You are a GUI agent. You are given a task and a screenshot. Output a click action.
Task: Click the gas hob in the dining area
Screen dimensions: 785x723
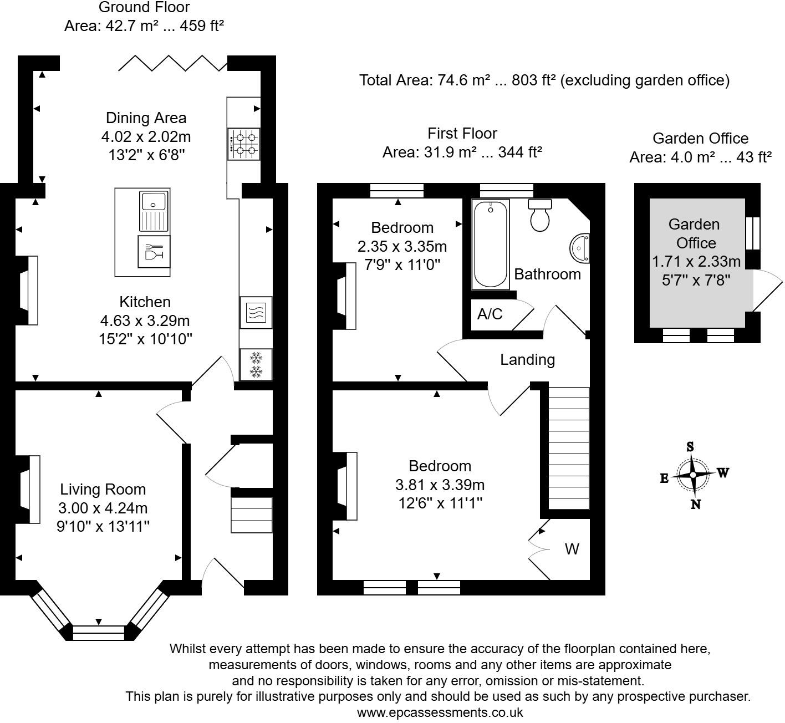[x=244, y=143]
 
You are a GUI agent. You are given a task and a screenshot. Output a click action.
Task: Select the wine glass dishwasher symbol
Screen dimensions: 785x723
[x=154, y=252]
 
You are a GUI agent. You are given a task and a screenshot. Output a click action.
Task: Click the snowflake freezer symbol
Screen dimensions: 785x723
[x=256, y=364]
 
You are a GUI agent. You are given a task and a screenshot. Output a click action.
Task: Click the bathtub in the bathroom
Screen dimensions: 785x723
[x=491, y=244]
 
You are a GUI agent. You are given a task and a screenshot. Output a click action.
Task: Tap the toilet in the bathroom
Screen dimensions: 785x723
[x=539, y=215]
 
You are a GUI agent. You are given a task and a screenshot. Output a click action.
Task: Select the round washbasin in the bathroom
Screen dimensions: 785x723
[x=580, y=248]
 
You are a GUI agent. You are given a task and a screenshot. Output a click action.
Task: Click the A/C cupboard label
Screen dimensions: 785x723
[x=490, y=314]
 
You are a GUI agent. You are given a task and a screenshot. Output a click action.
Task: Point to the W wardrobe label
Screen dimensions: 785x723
[x=572, y=549]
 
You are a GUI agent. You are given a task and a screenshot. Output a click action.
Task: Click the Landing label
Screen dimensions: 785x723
[x=527, y=360]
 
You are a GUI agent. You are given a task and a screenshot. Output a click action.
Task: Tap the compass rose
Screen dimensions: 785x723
[x=693, y=475]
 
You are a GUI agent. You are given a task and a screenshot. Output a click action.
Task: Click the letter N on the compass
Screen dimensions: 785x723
[x=696, y=504]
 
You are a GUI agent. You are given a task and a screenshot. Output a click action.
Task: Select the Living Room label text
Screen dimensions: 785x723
[x=103, y=490]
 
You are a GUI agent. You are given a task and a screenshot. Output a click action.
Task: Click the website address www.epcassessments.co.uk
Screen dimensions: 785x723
[x=440, y=712]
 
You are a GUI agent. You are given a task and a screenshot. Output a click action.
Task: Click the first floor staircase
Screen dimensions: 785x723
[x=569, y=448]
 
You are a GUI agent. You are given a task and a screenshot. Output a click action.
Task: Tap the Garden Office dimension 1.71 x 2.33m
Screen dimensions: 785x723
[x=696, y=261]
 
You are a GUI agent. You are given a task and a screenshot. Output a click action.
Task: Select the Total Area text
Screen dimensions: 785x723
[x=544, y=80]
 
